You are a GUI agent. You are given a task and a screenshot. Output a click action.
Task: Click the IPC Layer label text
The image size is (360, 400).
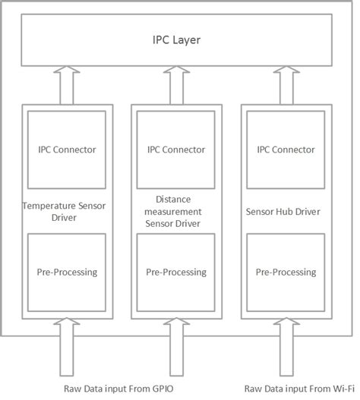pos(179,39)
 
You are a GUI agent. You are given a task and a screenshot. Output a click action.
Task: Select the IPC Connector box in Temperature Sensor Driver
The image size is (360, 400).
pos(67,150)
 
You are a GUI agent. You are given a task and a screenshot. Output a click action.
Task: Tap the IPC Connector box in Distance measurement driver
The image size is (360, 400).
pos(176,150)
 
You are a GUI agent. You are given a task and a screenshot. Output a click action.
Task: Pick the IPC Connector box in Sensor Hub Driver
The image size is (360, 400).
pos(286,150)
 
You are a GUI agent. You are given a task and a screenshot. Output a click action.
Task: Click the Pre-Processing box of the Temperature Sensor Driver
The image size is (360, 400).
pos(67,272)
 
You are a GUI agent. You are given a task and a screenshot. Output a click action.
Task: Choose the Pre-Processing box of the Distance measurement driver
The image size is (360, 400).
pos(176,272)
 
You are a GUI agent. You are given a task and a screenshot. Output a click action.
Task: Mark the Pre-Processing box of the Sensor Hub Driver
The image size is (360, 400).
pos(286,272)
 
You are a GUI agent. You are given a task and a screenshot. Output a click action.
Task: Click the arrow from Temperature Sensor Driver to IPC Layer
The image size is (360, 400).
pos(67,85)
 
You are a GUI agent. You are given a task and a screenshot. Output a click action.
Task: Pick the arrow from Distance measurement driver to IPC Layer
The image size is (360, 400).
pos(176,85)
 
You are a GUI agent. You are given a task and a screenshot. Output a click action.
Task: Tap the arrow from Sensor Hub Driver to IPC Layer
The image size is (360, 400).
pos(286,85)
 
